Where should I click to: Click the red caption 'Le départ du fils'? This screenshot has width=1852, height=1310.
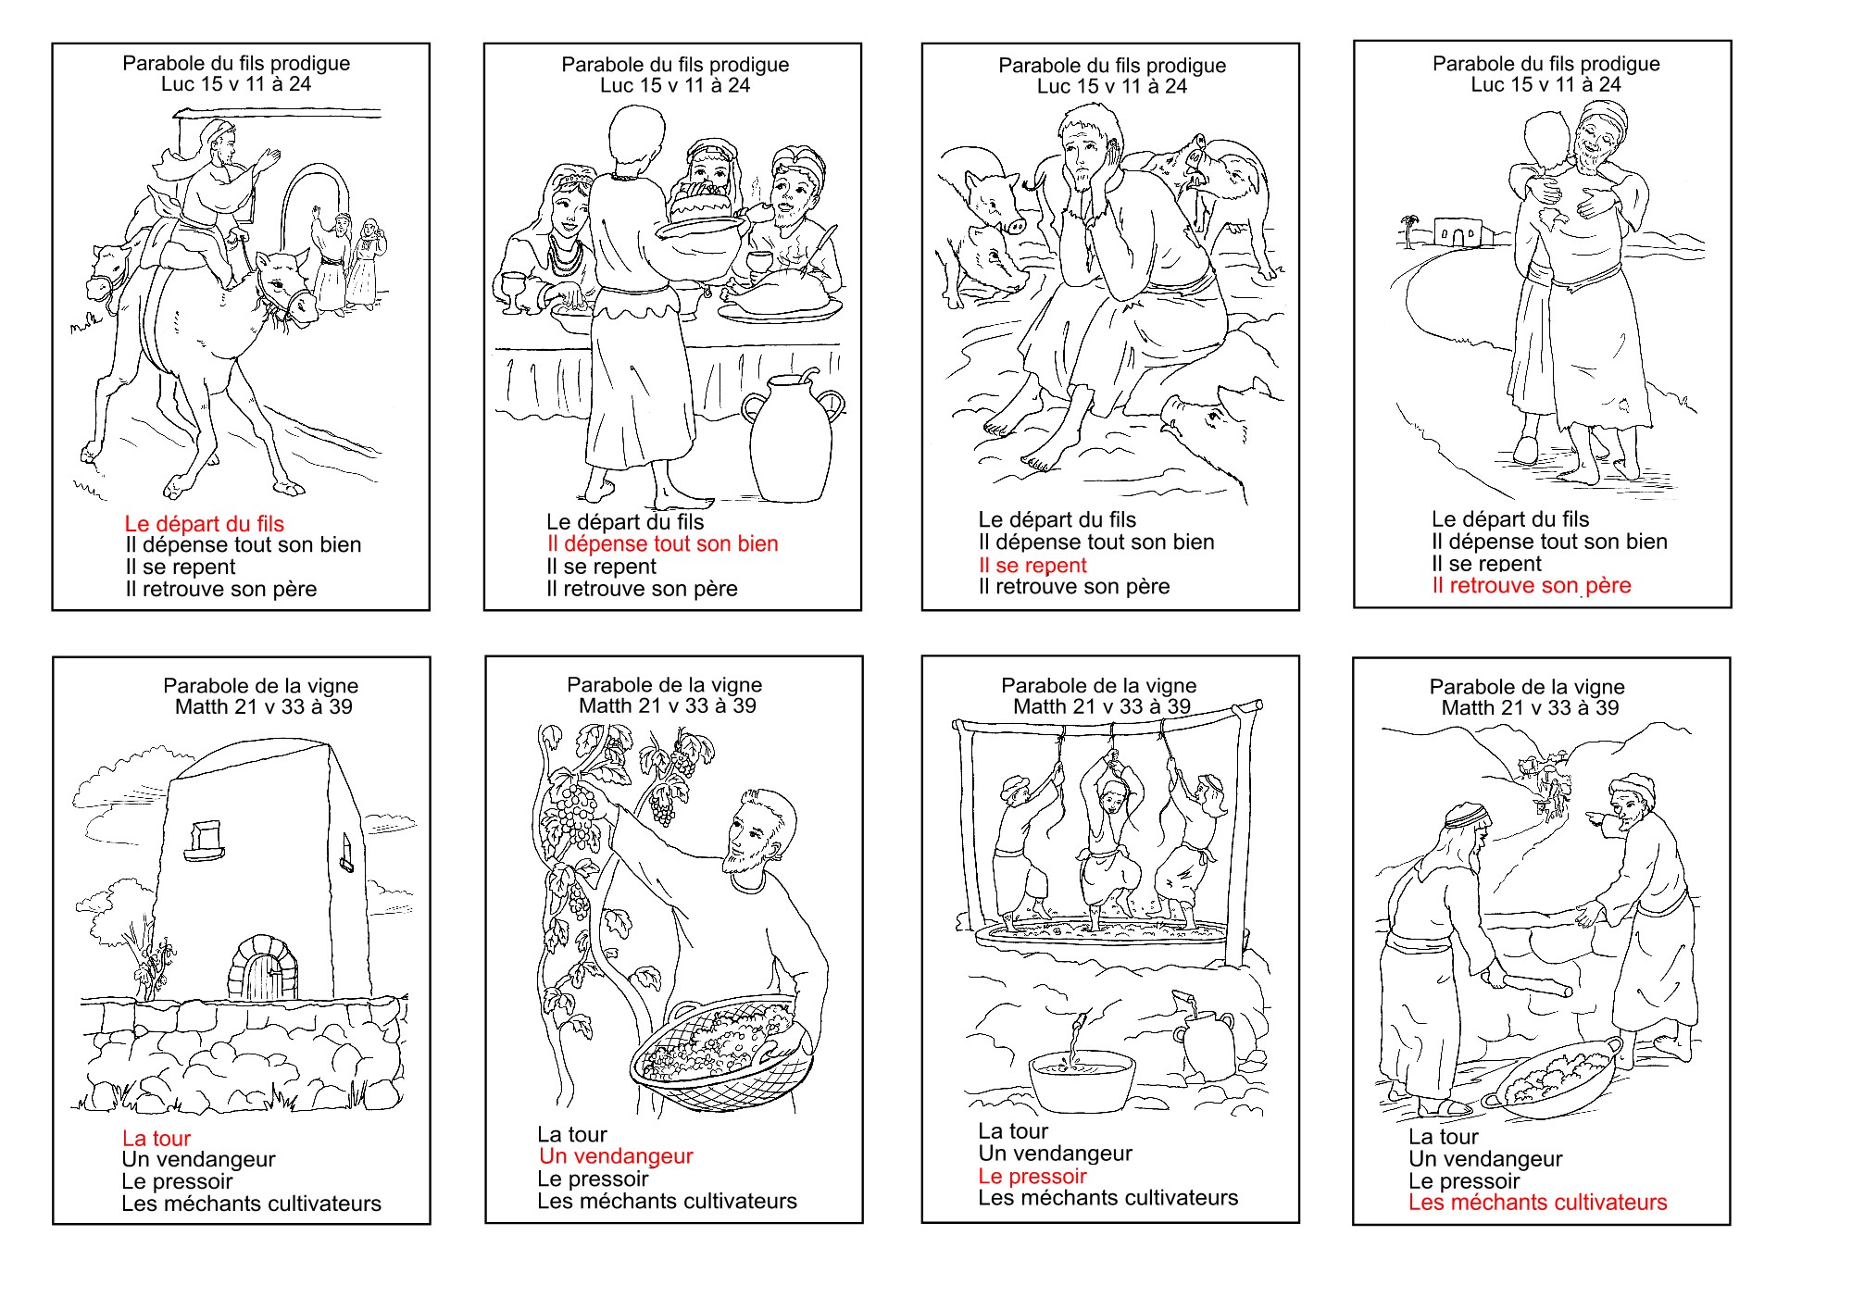click(x=204, y=524)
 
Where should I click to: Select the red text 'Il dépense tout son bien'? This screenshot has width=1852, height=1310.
click(x=662, y=544)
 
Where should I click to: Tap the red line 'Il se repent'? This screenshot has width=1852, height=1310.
click(x=1032, y=566)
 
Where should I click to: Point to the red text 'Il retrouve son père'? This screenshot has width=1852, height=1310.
click(x=1532, y=586)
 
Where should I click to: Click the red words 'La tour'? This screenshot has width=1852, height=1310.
click(x=156, y=1139)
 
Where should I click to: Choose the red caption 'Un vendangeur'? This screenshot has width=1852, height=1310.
click(x=616, y=1156)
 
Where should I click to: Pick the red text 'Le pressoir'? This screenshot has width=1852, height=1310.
click(x=1032, y=1177)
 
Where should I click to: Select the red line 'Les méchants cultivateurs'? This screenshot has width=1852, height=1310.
click(x=1537, y=1203)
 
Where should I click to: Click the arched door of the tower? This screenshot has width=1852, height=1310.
click(x=264, y=969)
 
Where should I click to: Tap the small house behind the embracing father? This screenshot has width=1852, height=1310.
click(x=1458, y=231)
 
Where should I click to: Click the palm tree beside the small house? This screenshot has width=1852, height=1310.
click(x=1408, y=231)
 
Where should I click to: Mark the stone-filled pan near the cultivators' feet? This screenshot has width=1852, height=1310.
click(x=1552, y=1075)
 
